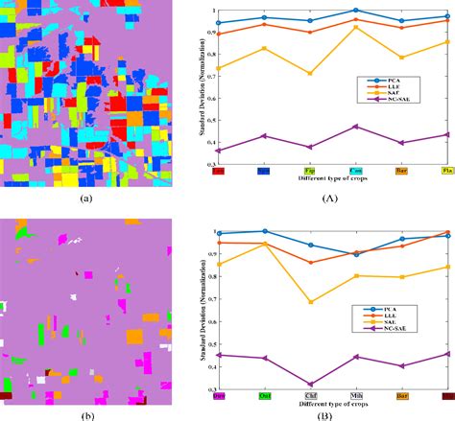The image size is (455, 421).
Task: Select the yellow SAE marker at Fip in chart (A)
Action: pos(310,74)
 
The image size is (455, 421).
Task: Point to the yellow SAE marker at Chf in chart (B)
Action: pos(310,302)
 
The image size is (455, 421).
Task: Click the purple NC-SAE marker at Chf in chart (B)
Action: pos(310,385)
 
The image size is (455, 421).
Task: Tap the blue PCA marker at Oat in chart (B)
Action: pos(264,231)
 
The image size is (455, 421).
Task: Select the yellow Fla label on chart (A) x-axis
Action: pos(447,172)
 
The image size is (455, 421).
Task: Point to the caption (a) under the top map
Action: pos(86,199)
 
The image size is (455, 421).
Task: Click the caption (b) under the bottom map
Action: pos(86,414)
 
